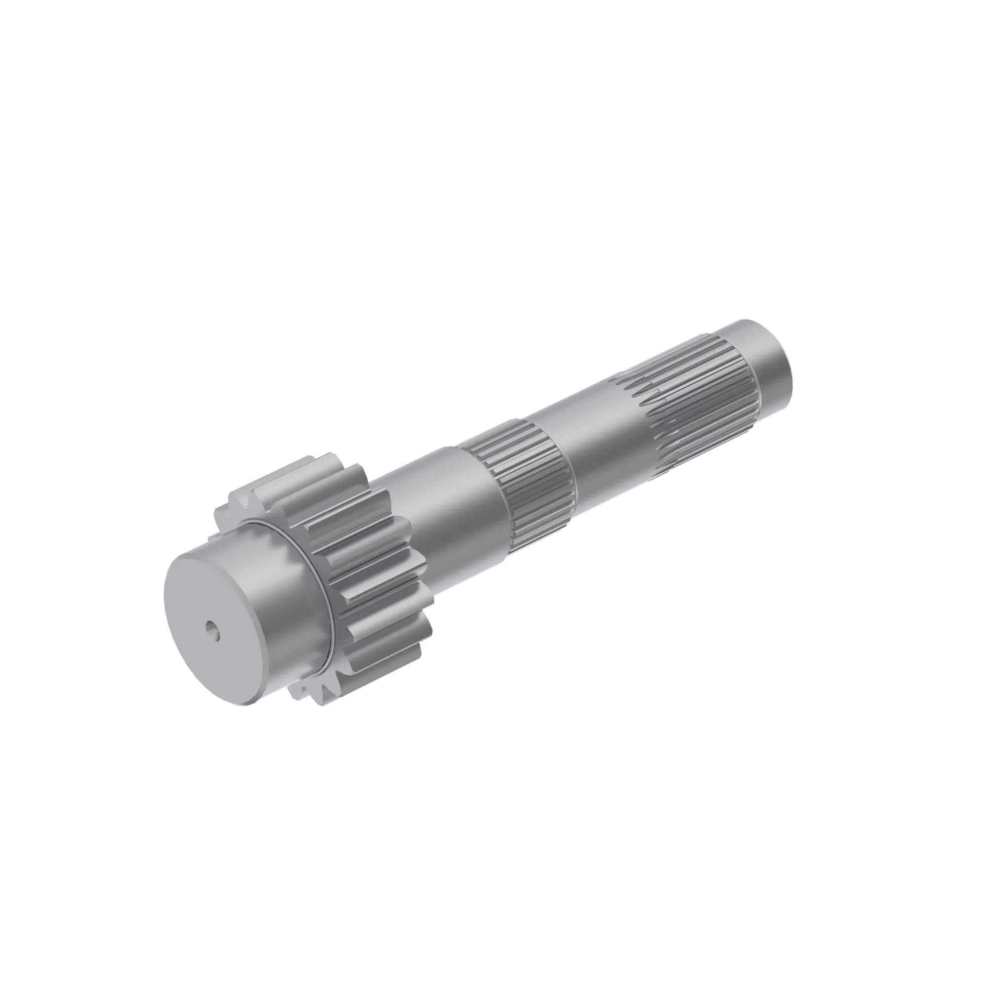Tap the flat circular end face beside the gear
[x=205, y=604]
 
